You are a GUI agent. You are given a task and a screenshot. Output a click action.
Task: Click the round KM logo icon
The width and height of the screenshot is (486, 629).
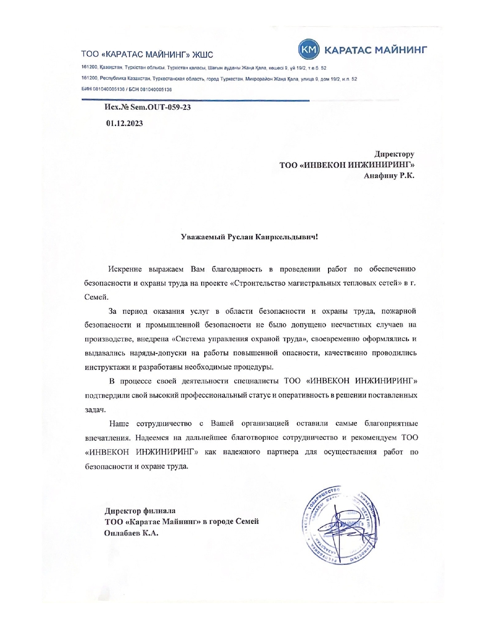click(308, 50)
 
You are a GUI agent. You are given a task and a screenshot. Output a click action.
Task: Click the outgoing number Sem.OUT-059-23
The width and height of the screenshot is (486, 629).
click(160, 107)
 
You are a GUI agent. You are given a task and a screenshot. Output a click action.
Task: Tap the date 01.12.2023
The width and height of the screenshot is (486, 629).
click(125, 123)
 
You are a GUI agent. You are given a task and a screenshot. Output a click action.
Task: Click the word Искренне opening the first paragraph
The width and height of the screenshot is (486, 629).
click(125, 269)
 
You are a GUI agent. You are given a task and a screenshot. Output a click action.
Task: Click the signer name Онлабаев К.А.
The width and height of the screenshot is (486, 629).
click(131, 533)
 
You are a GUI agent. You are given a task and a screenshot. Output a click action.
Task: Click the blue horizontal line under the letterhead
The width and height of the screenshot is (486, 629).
click(195, 100)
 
